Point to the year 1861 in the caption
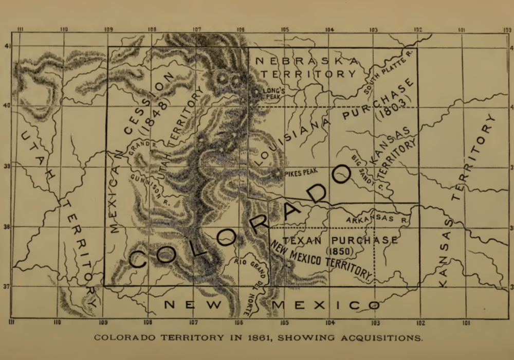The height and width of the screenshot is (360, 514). pyautogui.click(x=261, y=338)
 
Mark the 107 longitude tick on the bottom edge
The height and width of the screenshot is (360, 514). pyautogui.click(x=193, y=322)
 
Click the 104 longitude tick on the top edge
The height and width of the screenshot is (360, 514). pyautogui.click(x=329, y=30)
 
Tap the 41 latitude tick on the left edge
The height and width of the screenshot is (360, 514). pyautogui.click(x=7, y=46)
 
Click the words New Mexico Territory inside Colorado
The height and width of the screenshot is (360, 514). pyautogui.click(x=321, y=260)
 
